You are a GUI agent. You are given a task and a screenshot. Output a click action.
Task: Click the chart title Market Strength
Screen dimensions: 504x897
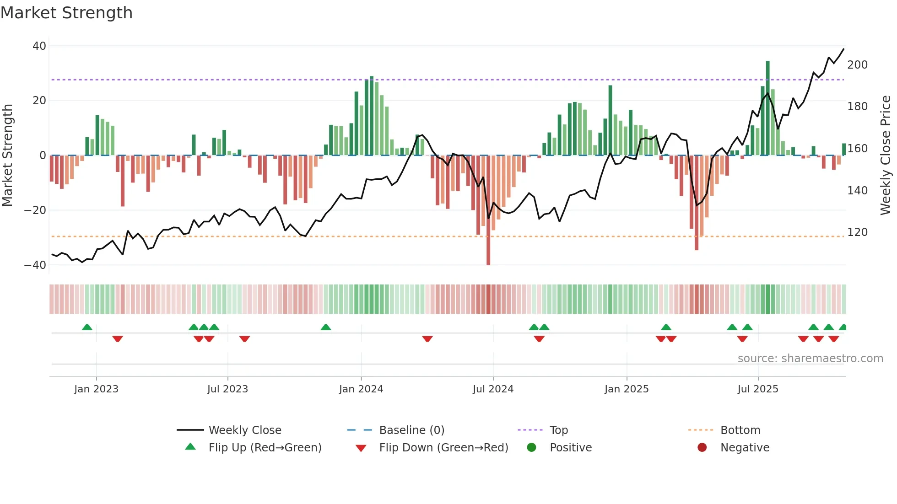click(66, 13)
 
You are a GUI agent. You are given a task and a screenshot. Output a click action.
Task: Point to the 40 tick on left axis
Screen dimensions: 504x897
click(39, 46)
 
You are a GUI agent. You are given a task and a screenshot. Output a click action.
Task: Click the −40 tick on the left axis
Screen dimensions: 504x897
click(35, 265)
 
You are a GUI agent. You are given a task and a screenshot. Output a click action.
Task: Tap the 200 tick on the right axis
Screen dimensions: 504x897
click(857, 65)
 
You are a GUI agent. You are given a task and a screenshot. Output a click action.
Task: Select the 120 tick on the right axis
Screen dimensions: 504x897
click(857, 232)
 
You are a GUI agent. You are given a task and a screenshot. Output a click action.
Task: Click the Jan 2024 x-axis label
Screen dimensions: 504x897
click(361, 389)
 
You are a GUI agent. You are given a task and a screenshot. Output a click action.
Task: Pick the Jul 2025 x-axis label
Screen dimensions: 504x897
click(757, 389)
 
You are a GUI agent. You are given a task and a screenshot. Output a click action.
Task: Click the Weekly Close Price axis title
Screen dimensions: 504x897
click(886, 155)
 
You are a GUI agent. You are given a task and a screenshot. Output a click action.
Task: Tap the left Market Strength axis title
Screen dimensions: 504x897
click(8, 155)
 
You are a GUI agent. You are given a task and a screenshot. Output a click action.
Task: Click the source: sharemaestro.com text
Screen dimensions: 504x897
click(810, 359)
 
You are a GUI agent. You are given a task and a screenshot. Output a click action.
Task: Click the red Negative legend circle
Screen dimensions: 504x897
click(702, 448)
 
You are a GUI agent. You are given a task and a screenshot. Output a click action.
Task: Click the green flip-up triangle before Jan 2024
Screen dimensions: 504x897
click(326, 327)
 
